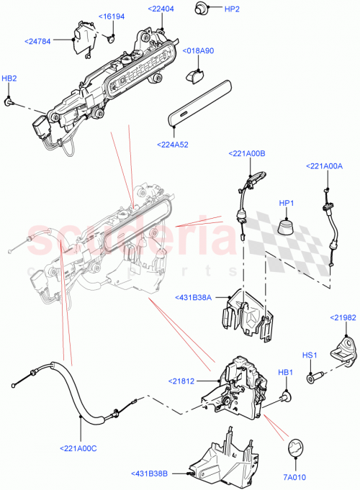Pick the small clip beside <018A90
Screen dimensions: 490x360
(x=195, y=72)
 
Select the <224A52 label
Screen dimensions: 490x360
(x=173, y=144)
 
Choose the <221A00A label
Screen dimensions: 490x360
(x=324, y=165)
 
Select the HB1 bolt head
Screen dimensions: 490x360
(x=286, y=395)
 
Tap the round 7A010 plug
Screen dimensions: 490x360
(x=296, y=448)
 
